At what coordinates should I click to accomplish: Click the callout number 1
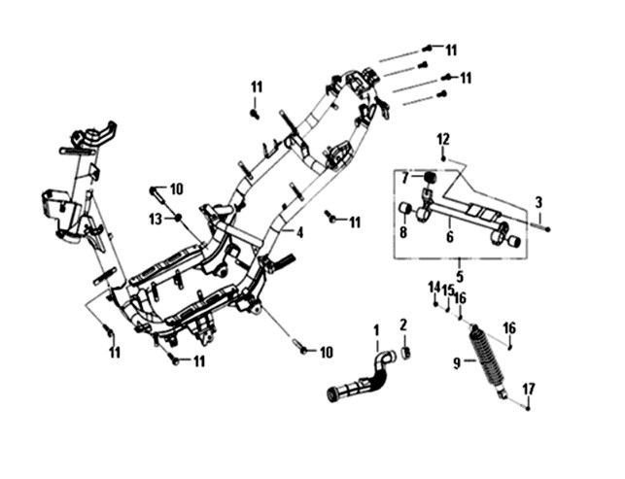376,331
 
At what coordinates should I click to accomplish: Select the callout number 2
403,325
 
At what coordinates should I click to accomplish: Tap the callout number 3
538,202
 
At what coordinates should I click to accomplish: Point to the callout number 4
300,232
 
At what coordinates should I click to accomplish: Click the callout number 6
450,235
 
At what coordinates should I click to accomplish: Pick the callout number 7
405,178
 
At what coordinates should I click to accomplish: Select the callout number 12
442,138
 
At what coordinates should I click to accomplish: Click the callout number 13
156,220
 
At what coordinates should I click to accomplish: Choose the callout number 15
448,290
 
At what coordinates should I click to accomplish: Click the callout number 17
528,389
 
